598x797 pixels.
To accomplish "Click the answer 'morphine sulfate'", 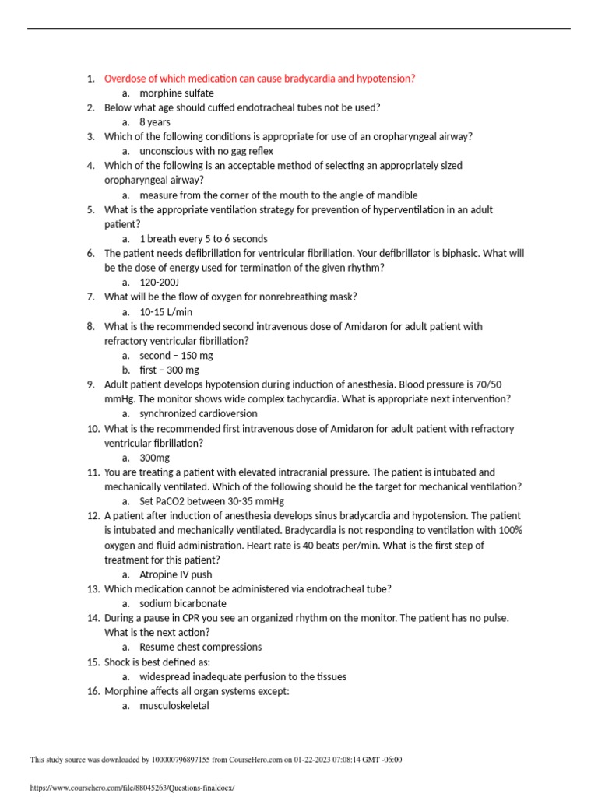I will [x=176, y=93].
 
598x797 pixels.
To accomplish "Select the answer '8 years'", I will [x=154, y=122].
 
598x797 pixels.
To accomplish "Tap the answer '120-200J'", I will [x=159, y=283].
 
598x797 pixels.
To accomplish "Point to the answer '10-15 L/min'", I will [x=165, y=311].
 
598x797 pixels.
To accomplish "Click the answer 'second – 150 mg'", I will [x=175, y=356].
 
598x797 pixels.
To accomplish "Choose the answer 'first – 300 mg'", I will [x=169, y=370].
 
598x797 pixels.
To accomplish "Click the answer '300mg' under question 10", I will [x=154, y=458].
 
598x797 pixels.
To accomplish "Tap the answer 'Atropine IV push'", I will [x=175, y=574].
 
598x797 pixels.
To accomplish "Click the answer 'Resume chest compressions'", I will [x=200, y=647].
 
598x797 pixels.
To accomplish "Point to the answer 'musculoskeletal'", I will [x=174, y=706].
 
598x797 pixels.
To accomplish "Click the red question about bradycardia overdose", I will [x=259, y=79].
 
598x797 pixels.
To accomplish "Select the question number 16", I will [x=93, y=691].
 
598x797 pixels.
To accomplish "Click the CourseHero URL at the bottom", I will [x=132, y=788].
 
